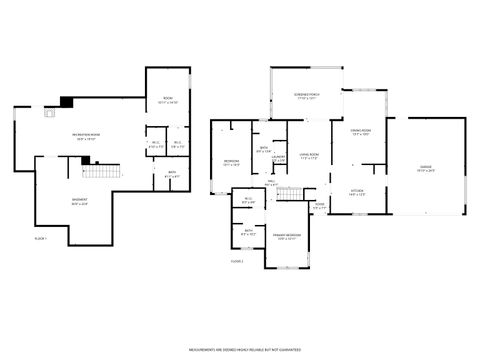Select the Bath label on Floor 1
click(171, 174)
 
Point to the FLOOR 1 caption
click(41, 239)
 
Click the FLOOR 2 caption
click(237, 260)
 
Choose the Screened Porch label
click(305, 96)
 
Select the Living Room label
click(309, 155)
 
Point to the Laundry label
click(279, 158)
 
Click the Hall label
click(271, 183)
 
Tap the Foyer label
click(319, 206)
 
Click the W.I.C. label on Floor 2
click(248, 200)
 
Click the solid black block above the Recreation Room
click(66, 101)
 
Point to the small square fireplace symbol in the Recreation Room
click(47, 113)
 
